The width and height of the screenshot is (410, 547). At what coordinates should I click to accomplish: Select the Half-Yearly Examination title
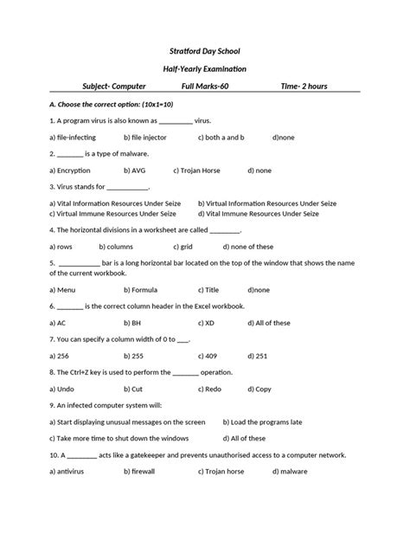(205, 68)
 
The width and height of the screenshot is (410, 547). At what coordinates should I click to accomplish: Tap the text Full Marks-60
(206, 87)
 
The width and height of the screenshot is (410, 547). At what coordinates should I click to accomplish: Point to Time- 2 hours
(309, 87)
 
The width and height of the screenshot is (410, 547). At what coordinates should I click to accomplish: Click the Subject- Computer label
(113, 87)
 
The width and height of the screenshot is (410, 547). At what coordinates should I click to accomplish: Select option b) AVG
(134, 171)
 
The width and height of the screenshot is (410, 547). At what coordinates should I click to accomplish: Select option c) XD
(207, 322)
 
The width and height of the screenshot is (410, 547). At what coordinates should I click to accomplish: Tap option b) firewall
(139, 472)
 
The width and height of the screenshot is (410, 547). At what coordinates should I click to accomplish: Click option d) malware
(290, 472)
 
